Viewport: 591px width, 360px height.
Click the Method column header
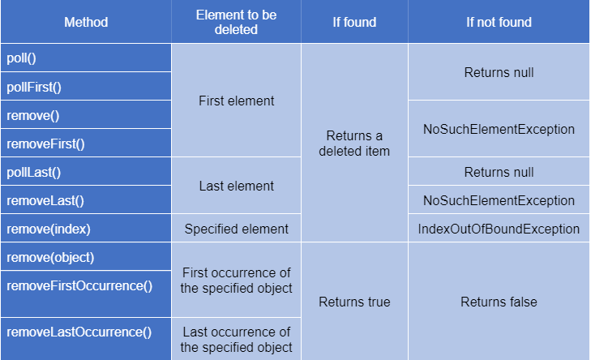click(86, 22)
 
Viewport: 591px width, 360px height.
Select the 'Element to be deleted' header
click(237, 22)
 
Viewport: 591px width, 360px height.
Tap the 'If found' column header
click(354, 22)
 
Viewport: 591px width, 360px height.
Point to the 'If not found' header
click(499, 22)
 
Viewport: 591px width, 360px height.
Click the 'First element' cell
click(236, 101)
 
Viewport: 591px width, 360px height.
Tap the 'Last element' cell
click(236, 186)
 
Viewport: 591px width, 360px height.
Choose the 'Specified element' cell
click(236, 229)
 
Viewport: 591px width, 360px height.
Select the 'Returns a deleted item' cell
click(354, 144)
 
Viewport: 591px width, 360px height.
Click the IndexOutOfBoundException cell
click(499, 229)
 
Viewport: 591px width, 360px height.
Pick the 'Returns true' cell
click(354, 302)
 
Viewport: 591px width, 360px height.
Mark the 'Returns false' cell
click(499, 302)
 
